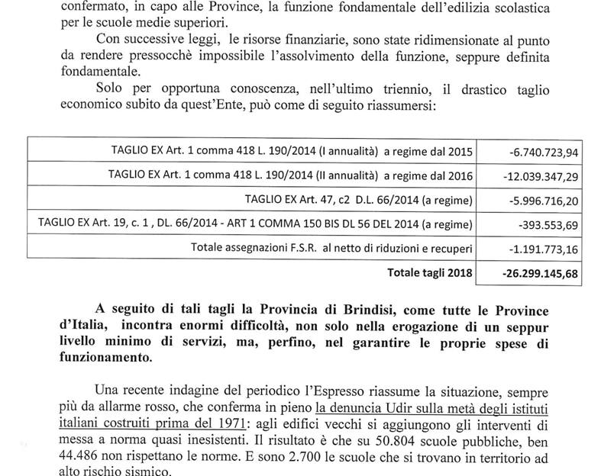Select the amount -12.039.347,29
[540, 176]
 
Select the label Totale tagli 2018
[430, 272]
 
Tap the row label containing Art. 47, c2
[358, 201]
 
